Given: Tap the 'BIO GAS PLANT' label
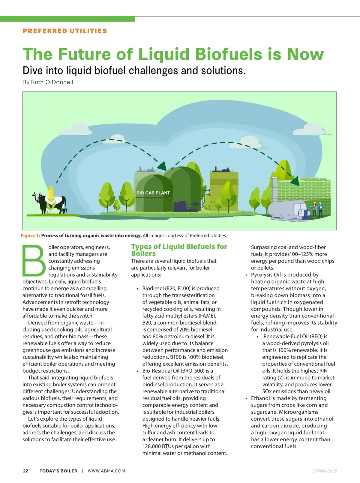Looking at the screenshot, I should click(153, 193).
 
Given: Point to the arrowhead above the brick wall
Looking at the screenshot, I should click(295, 181).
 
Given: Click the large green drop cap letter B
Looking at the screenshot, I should click(34, 261).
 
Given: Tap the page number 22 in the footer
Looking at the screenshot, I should click(25, 471).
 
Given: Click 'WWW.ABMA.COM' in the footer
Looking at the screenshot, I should click(106, 471).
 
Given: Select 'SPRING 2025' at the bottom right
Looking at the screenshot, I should click(325, 471).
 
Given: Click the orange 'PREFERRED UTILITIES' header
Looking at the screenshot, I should click(65, 31).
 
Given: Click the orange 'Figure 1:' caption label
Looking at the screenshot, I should click(30, 235).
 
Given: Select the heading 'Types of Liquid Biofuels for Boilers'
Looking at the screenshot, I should click(179, 250).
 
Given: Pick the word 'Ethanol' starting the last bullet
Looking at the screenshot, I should click(260, 398).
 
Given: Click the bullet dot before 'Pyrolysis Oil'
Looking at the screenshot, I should click(246, 275).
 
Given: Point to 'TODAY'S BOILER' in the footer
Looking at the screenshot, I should click(58, 471).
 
